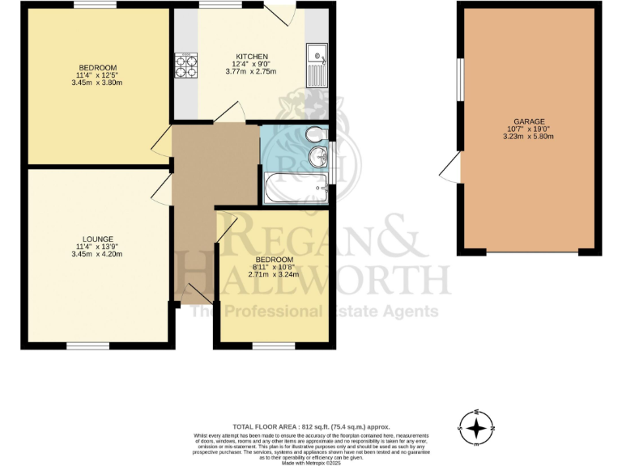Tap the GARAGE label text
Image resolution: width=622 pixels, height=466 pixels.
point(527,121)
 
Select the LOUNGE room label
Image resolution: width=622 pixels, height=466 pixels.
point(97,239)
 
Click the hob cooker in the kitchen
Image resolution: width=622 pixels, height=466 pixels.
point(185,66)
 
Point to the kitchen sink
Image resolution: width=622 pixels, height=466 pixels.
point(317,66)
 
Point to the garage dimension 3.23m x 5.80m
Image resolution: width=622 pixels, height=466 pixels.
point(527,136)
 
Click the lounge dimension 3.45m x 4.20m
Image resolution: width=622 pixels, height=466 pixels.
point(97,255)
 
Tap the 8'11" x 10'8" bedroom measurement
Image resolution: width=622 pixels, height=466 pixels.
point(272,266)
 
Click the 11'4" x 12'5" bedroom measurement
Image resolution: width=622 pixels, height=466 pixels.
point(97,74)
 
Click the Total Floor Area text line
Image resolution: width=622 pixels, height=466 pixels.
point(310,426)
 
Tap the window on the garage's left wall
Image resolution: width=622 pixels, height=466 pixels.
point(459,80)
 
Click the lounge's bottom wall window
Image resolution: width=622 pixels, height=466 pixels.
point(88,346)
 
